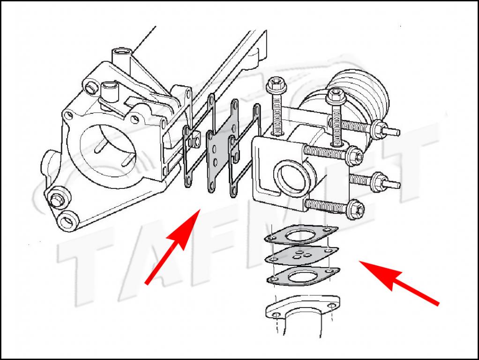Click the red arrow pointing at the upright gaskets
(172, 246)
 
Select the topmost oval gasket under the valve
(301, 235)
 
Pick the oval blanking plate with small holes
(301, 255)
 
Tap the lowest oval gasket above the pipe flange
(303, 276)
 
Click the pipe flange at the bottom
(302, 307)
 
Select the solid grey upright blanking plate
(222, 146)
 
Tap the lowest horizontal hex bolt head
(356, 209)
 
